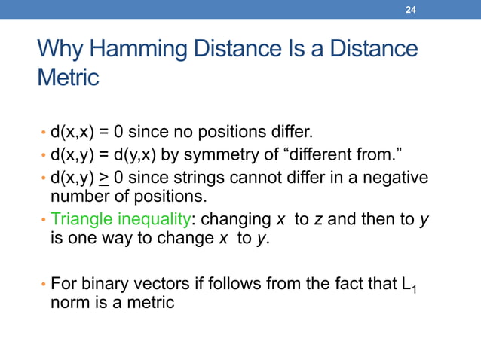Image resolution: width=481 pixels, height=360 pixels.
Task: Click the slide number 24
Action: pyautogui.click(x=411, y=9)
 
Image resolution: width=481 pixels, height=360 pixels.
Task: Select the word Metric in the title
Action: pyautogui.click(x=68, y=78)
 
